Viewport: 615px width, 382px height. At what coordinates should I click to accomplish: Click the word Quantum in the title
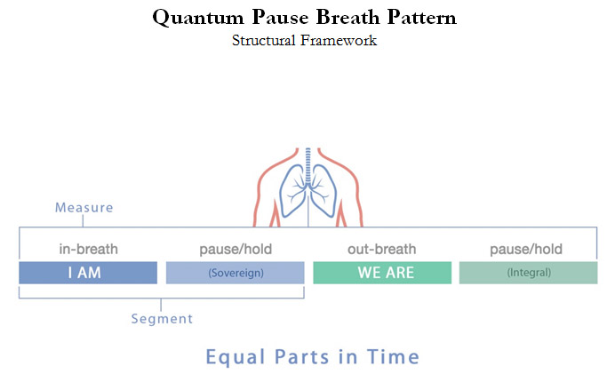198,18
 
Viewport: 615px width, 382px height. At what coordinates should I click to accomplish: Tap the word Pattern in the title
421,17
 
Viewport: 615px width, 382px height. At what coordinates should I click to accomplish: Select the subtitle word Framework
339,40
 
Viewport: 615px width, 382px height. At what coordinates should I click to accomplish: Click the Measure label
84,208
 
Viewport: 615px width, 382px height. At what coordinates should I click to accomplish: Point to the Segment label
162,319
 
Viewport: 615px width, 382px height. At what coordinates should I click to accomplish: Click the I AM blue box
88,273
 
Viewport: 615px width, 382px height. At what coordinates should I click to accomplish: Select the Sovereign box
236,273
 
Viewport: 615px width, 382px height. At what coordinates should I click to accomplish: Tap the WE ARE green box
382,273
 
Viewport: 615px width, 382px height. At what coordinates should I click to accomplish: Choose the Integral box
528,273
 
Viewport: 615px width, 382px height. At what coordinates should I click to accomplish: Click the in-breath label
89,249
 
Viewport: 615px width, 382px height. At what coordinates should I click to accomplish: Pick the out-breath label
382,249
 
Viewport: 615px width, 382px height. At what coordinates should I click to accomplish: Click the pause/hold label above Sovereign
236,250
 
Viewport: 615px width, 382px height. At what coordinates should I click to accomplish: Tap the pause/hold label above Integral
526,250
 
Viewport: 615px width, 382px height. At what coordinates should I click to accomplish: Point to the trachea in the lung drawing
308,165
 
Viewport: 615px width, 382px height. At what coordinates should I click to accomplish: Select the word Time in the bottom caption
394,357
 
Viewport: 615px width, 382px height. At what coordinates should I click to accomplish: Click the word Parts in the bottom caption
301,357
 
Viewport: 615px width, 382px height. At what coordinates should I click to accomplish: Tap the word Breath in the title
347,17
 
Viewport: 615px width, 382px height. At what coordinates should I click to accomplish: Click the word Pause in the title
280,17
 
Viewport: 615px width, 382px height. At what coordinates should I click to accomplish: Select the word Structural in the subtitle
264,40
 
